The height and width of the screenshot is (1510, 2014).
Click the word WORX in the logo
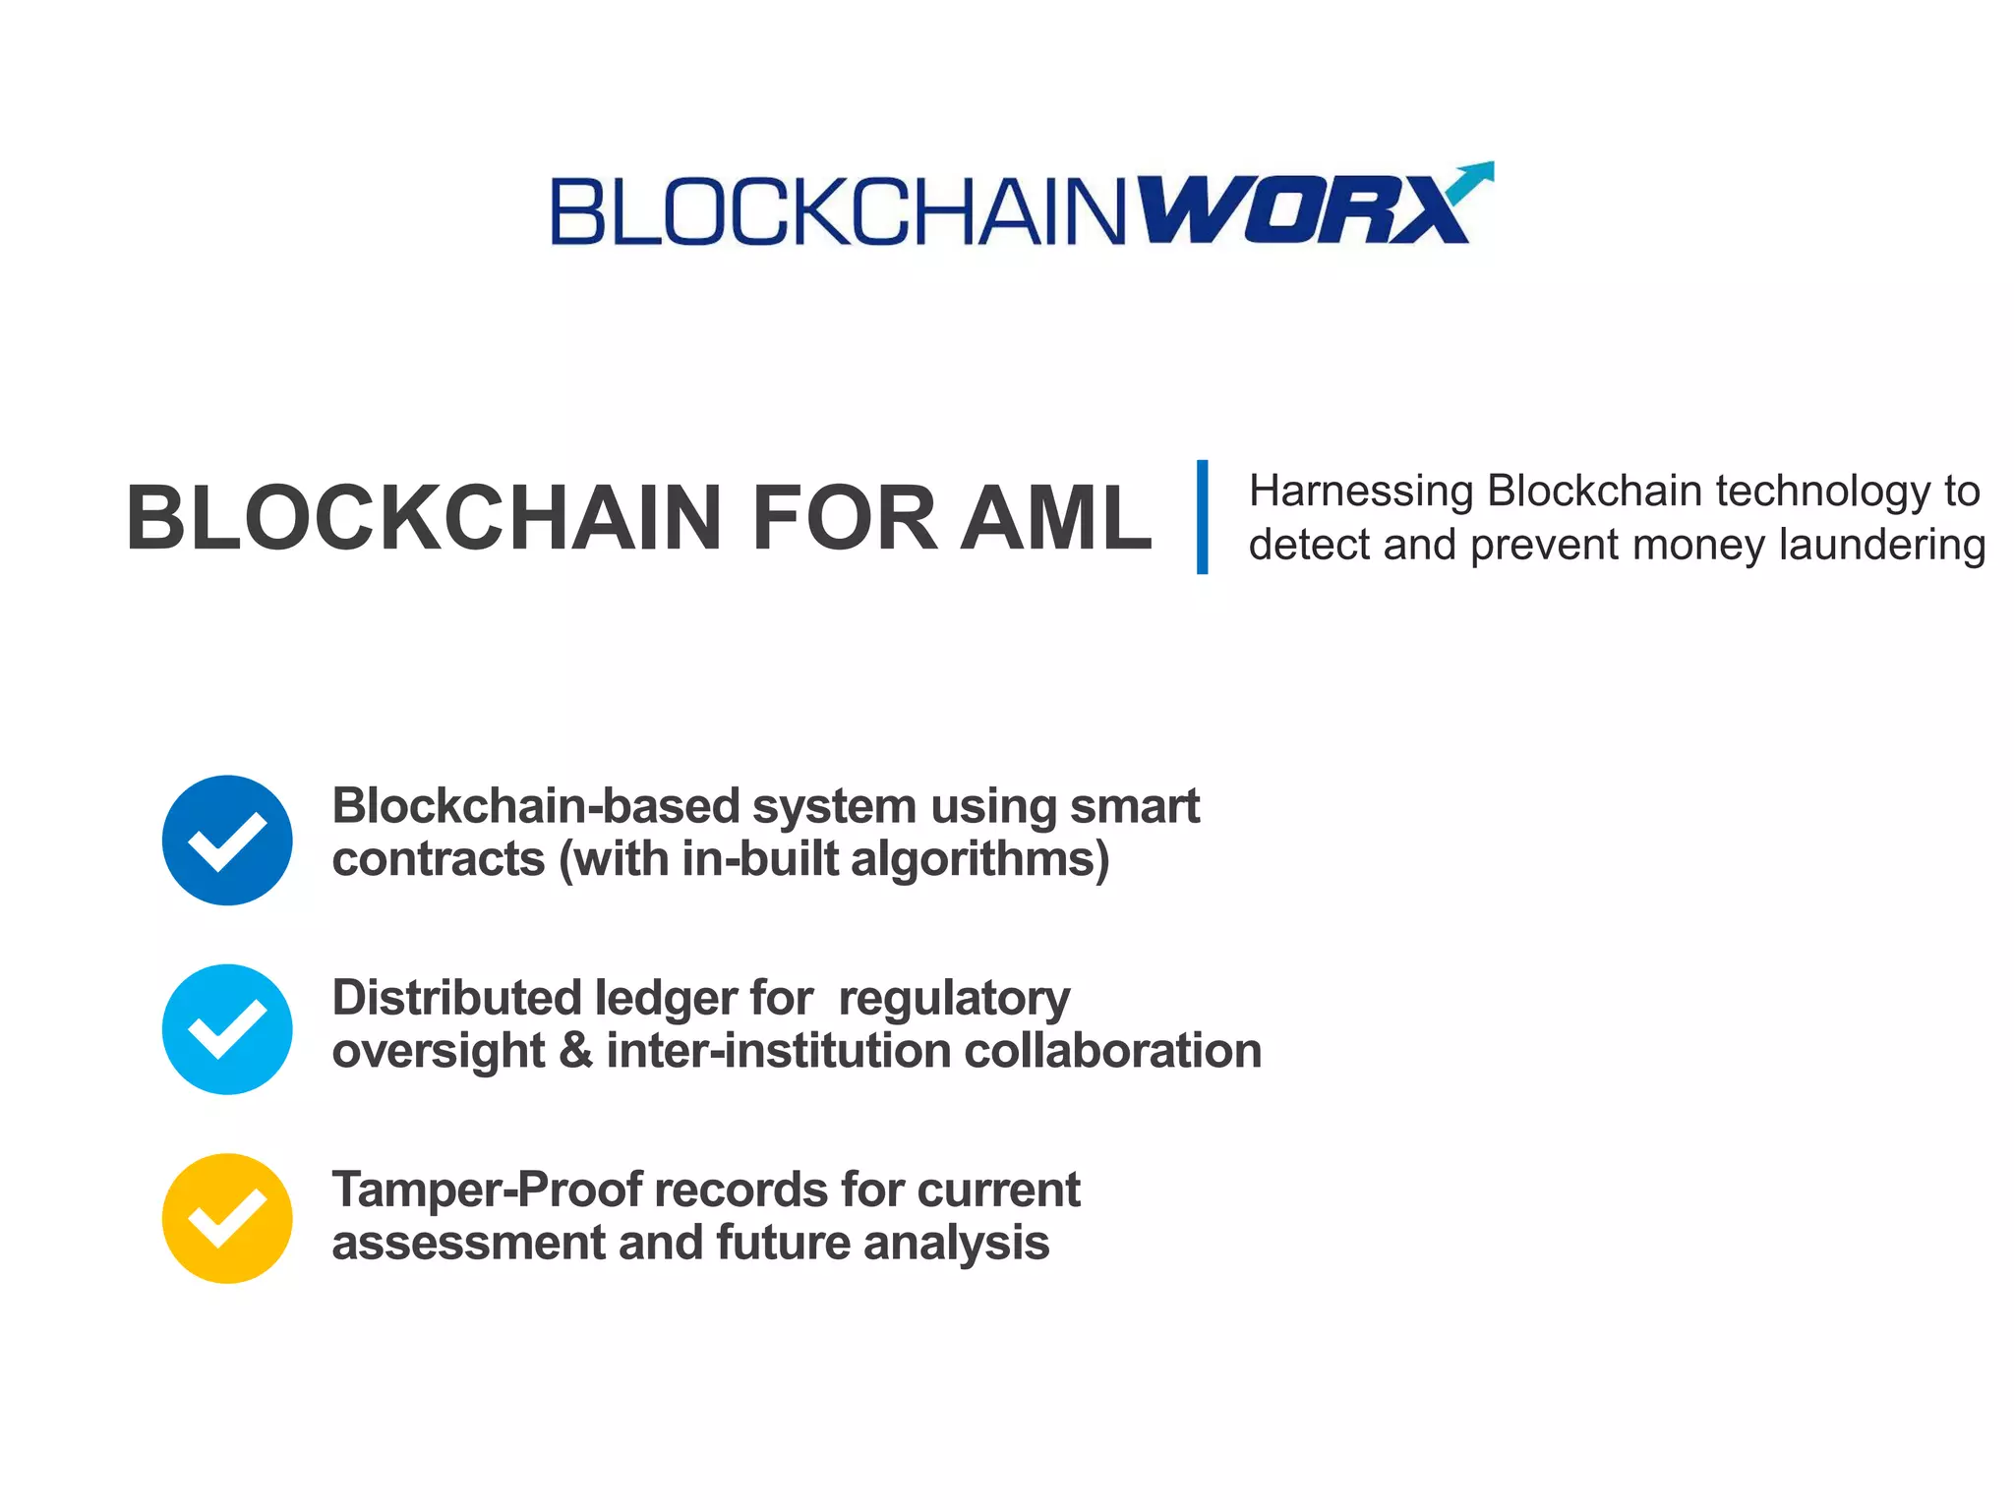(1303, 209)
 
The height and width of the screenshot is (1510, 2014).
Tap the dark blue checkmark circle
(227, 841)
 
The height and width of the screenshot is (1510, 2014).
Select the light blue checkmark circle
(227, 1029)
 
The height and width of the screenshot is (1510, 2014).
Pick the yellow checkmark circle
(227, 1218)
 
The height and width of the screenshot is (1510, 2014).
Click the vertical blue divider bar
(1202, 516)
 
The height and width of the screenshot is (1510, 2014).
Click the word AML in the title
(1055, 518)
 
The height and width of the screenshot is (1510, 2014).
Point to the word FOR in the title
(844, 518)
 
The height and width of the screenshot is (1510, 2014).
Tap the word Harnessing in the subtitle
(1361, 491)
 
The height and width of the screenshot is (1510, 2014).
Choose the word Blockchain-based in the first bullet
(536, 806)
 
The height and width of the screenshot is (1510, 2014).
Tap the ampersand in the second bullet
(575, 1051)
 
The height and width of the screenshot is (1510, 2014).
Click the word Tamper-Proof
(487, 1190)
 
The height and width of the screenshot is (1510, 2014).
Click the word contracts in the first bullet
(439, 859)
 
